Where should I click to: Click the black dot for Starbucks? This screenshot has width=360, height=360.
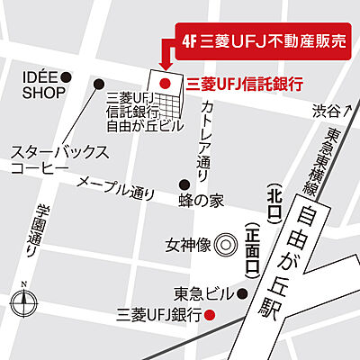99,83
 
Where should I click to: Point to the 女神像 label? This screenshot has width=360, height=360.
187,244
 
